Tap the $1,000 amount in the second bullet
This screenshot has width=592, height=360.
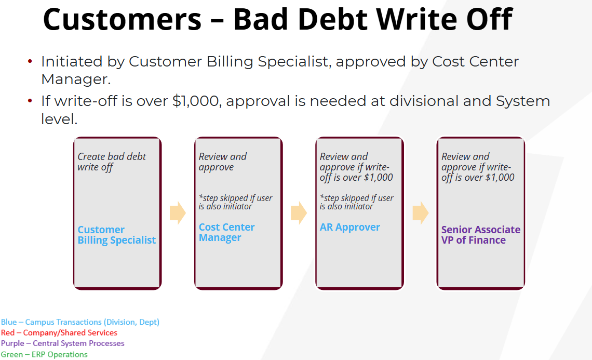(196, 101)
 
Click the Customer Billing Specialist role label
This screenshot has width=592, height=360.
(116, 235)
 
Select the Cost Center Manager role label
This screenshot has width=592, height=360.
(226, 232)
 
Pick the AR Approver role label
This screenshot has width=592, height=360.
(349, 228)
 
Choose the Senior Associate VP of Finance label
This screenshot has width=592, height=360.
(481, 235)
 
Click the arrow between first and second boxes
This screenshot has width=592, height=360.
(178, 212)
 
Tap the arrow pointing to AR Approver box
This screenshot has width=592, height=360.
(299, 212)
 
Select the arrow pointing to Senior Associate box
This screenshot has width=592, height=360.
(420, 212)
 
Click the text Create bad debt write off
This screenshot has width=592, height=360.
(111, 162)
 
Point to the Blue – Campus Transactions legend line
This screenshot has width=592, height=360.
(80, 322)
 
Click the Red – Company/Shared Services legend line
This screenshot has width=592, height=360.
(59, 333)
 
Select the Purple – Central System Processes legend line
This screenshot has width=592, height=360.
(62, 343)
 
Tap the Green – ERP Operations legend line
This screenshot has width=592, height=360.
(44, 354)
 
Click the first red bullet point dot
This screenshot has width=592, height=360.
(30, 61)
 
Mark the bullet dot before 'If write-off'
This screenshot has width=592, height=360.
(30, 100)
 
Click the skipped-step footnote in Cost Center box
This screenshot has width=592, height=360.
(235, 202)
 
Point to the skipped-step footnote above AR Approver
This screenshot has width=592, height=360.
(356, 202)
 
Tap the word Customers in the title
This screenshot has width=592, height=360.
(123, 19)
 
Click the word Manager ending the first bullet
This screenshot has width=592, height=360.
(75, 79)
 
